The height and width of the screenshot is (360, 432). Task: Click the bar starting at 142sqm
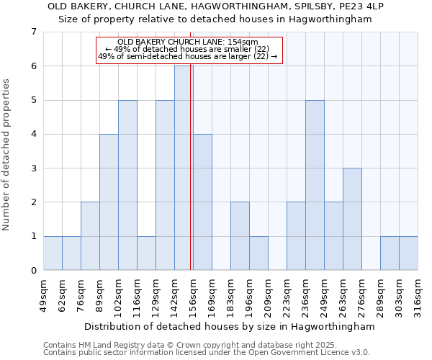pos(184,168)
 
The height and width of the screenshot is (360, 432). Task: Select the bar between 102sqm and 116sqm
pos(127,185)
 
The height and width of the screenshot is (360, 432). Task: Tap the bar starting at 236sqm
pos(315,185)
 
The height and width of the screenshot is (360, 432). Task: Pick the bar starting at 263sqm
pos(352,219)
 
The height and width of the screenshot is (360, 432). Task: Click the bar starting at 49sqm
pos(53,253)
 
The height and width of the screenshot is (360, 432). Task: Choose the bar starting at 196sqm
pos(258,253)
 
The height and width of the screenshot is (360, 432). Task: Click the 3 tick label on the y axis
pos(33,168)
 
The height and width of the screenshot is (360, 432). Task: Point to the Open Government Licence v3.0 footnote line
pos(207,352)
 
